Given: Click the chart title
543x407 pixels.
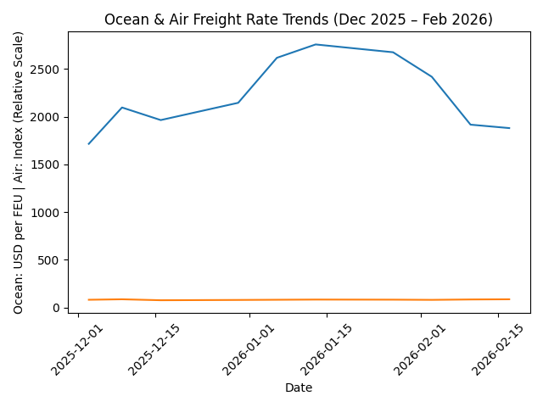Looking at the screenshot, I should point(298,20).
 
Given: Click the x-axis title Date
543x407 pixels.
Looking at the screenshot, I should point(298,387).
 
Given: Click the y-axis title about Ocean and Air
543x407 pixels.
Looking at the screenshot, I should point(19,172).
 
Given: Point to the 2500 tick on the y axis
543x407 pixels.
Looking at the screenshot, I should point(46,69).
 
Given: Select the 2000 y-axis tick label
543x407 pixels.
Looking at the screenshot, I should point(46,117).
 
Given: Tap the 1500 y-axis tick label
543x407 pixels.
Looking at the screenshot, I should point(46,164).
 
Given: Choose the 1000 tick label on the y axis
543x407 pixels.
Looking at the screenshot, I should point(46,212).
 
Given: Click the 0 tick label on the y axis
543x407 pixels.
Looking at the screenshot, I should point(58,308).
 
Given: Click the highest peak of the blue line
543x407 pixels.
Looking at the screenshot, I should point(316,44).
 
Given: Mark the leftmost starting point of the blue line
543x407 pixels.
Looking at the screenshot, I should point(88,144).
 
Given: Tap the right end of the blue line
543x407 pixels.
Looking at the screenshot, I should point(509,128).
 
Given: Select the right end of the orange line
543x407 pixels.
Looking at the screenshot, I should point(509,299).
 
